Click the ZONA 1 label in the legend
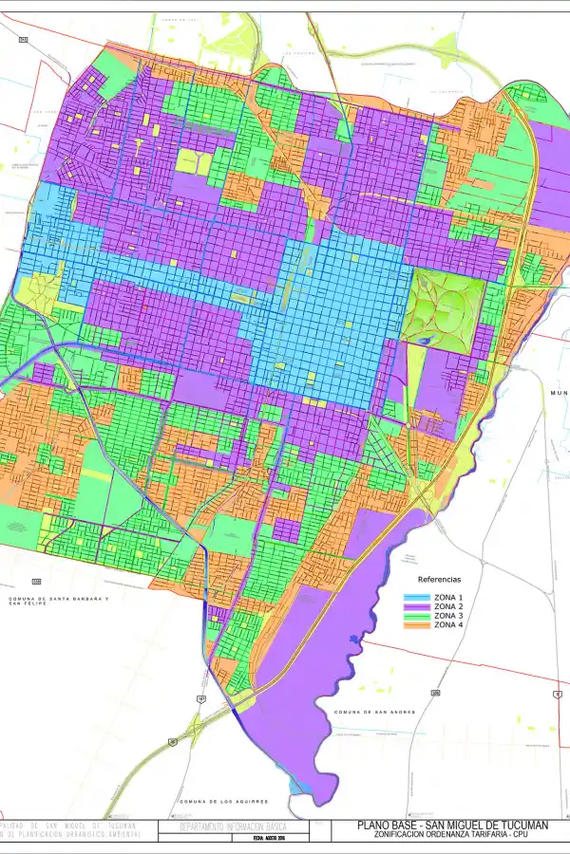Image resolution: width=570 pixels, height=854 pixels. [x=447, y=597]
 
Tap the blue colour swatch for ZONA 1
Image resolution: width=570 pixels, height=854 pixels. [x=418, y=597]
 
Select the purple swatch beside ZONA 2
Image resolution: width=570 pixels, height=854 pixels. [x=418, y=606]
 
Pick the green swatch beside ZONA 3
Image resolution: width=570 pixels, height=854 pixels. [x=418, y=616]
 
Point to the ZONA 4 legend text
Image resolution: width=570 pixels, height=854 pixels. [x=447, y=625]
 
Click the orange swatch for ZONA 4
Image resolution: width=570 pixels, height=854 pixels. [x=418, y=625]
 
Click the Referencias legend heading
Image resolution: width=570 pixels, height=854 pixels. [x=439, y=579]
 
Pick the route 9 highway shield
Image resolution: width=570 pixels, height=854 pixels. [x=557, y=694]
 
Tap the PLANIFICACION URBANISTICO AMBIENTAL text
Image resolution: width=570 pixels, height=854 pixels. [x=71, y=836]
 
